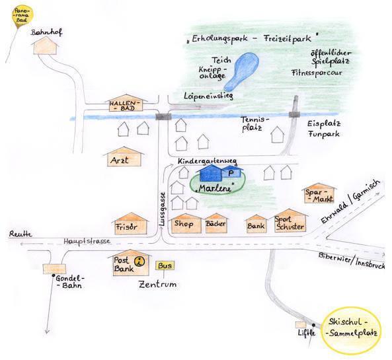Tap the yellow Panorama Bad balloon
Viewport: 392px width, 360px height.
(x=22, y=15)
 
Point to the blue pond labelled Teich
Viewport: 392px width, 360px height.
(x=241, y=71)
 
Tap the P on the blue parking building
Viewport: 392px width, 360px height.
(x=231, y=172)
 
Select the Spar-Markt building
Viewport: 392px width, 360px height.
(x=319, y=193)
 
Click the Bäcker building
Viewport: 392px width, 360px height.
(x=216, y=223)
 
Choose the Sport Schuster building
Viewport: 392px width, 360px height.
(x=290, y=221)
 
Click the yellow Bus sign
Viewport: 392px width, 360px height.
(x=165, y=266)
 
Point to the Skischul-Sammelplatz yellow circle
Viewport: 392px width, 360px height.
(x=352, y=328)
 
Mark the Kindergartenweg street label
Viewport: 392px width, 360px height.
(x=208, y=161)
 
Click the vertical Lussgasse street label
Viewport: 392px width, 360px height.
(x=163, y=209)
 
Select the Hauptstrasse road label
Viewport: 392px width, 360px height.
(x=87, y=241)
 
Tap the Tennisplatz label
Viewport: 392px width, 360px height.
(x=255, y=124)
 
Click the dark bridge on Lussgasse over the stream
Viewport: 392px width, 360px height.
(x=163, y=116)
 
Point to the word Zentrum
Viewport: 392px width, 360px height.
(x=157, y=284)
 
